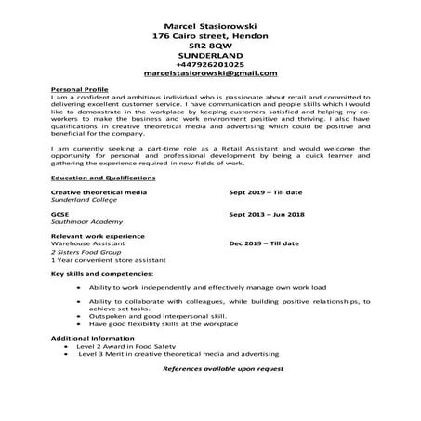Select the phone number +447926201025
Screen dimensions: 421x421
(x=210, y=62)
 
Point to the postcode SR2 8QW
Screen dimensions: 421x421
(x=210, y=43)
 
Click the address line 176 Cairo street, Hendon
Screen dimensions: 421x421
(x=210, y=33)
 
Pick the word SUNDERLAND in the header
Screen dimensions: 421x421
(x=210, y=53)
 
